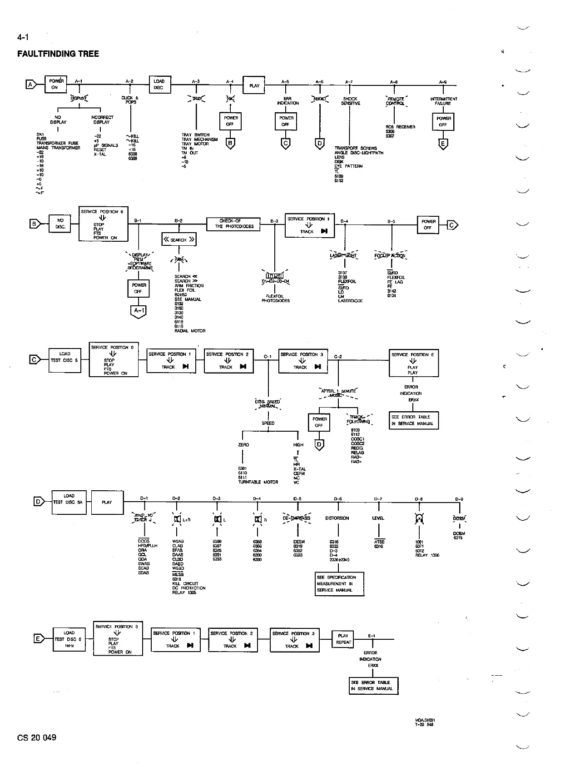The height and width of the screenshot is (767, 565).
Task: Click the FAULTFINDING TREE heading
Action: (x=58, y=54)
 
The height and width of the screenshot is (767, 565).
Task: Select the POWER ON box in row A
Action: (x=55, y=84)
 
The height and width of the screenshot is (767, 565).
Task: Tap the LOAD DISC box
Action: (x=159, y=85)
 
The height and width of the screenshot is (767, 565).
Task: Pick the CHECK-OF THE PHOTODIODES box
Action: (x=233, y=224)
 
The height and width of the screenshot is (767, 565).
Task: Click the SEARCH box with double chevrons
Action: (x=179, y=239)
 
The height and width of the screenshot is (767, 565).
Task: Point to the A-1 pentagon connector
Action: (x=139, y=311)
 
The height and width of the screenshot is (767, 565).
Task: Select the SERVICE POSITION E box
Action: (x=413, y=363)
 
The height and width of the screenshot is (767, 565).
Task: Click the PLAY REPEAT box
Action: (x=343, y=639)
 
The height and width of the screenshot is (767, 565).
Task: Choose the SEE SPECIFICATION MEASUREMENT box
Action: (x=340, y=583)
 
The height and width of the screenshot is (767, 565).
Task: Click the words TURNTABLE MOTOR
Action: (x=258, y=482)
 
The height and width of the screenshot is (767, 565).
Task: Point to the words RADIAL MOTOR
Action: (x=190, y=331)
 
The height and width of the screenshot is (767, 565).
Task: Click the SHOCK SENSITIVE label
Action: (x=350, y=101)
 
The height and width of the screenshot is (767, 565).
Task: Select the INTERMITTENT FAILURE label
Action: (x=443, y=101)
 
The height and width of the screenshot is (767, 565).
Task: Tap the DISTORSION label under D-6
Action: (x=337, y=518)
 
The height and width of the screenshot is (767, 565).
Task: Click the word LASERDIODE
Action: (x=351, y=300)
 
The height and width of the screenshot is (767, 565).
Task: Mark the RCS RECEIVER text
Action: (x=400, y=127)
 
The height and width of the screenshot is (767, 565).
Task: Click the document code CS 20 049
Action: (x=37, y=737)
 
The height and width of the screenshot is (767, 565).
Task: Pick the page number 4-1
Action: (x=23, y=37)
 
